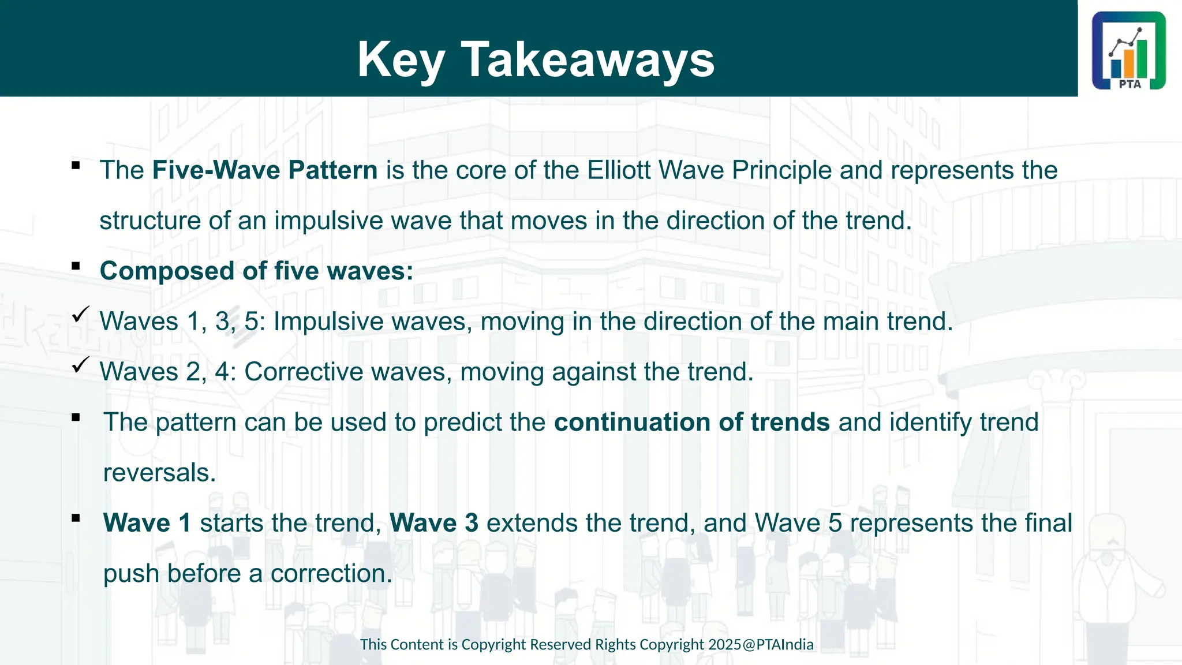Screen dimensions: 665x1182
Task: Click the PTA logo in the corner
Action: (1128, 50)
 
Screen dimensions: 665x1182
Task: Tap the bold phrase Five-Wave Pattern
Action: (265, 170)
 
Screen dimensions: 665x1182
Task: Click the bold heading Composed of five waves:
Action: (256, 271)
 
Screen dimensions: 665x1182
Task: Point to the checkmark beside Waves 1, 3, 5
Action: (80, 315)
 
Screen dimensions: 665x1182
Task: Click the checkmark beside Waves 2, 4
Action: (80, 365)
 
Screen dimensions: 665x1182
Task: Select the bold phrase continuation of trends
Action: (691, 422)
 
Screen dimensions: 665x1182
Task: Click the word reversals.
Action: (159, 473)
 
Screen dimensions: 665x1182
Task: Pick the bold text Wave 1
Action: (147, 523)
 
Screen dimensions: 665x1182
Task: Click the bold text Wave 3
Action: (434, 523)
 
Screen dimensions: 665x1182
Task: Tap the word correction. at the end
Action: (331, 574)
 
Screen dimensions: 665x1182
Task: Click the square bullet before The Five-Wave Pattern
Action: (76, 166)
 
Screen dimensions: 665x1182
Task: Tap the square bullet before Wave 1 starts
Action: (76, 518)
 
